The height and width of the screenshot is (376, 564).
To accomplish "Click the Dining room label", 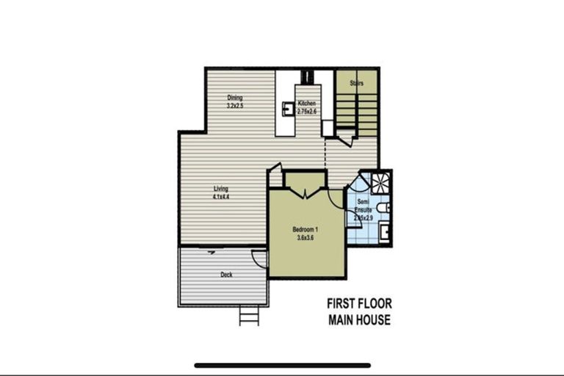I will [234, 98].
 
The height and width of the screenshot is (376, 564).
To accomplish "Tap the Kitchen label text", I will [307, 104].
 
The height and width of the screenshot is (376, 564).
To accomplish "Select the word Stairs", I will [357, 83].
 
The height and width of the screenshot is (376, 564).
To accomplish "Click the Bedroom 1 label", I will [305, 229].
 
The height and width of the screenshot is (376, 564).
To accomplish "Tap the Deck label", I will [227, 275].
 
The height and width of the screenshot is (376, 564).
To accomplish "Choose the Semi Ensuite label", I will [362, 206].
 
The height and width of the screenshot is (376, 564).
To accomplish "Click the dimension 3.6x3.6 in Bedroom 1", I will [305, 237].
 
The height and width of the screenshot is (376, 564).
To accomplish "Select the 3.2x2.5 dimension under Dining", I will [235, 106].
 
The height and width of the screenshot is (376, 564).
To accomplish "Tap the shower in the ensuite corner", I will [380, 181].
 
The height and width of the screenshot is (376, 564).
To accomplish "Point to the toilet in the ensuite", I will [385, 207].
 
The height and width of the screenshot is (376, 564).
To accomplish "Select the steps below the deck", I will [249, 317].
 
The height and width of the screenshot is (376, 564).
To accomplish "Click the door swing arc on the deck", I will [258, 257].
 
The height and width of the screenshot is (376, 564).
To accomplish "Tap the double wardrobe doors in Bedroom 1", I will [305, 192].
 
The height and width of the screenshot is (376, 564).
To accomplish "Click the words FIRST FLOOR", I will [359, 303].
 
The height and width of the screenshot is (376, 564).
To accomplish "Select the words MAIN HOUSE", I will [359, 319].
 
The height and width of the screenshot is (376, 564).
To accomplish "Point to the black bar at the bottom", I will [282, 365].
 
